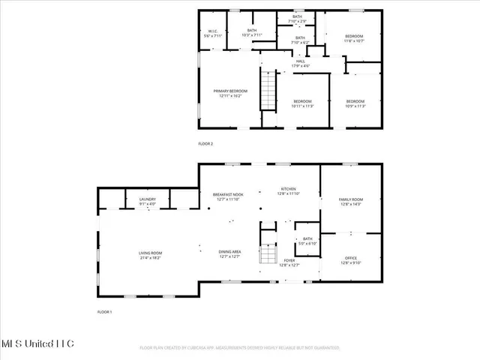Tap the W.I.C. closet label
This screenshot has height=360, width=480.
[x=213, y=34]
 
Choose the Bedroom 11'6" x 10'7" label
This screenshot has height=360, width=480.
[x=354, y=38]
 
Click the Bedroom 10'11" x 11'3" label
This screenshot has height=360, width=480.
[x=302, y=103]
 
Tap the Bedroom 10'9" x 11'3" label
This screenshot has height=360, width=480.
[x=355, y=103]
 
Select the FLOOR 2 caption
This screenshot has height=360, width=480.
[x=205, y=143]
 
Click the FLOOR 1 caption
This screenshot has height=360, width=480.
[x=104, y=311]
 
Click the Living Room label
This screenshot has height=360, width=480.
[x=150, y=255]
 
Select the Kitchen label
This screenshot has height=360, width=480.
[x=289, y=191]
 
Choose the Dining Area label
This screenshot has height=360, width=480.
[x=229, y=254]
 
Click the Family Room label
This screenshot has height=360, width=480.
[x=351, y=202]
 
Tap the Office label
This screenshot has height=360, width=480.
[x=351, y=260]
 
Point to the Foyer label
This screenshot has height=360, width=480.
[x=289, y=262]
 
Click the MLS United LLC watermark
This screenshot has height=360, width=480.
[x=37, y=343]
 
